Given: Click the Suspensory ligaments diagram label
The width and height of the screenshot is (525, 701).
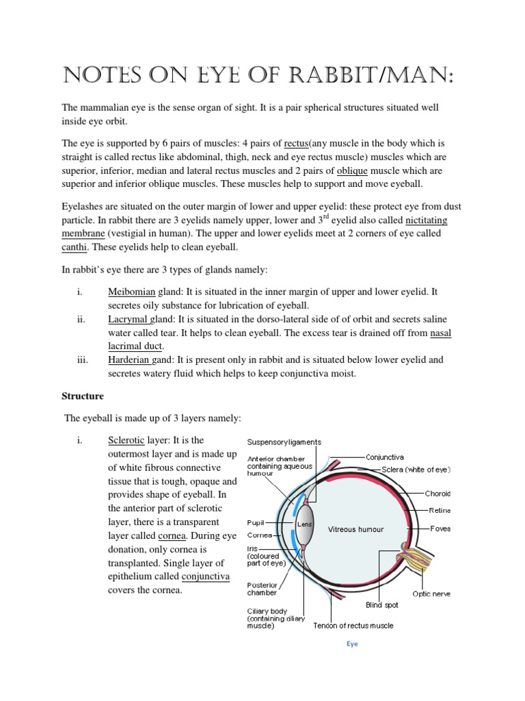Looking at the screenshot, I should pyautogui.click(x=284, y=442).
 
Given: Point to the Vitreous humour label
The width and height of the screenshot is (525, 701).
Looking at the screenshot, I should pyautogui.click(x=355, y=529).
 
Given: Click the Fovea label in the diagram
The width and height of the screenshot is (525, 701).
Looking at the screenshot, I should pyautogui.click(x=440, y=528).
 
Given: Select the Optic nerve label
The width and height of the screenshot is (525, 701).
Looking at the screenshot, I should pyautogui.click(x=431, y=594).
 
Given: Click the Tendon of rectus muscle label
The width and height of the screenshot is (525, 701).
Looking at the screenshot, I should pyautogui.click(x=353, y=626).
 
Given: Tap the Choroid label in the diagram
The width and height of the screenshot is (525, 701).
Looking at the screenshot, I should pyautogui.click(x=438, y=493).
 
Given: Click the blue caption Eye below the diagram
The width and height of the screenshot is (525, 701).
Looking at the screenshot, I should pyautogui.click(x=351, y=644).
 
